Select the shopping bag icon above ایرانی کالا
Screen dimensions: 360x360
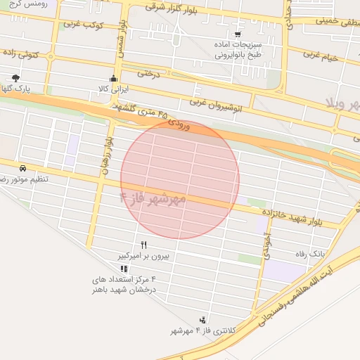click(x=113, y=78)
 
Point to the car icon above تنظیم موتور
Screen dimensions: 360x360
click(x=23, y=169)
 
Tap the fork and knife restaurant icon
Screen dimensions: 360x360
click(x=144, y=245)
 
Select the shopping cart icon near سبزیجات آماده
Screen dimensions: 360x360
click(x=238, y=33)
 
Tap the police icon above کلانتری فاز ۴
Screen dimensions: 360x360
click(x=203, y=319)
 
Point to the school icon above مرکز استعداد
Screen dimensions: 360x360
click(x=124, y=269)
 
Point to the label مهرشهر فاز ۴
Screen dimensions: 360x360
click(x=153, y=200)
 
